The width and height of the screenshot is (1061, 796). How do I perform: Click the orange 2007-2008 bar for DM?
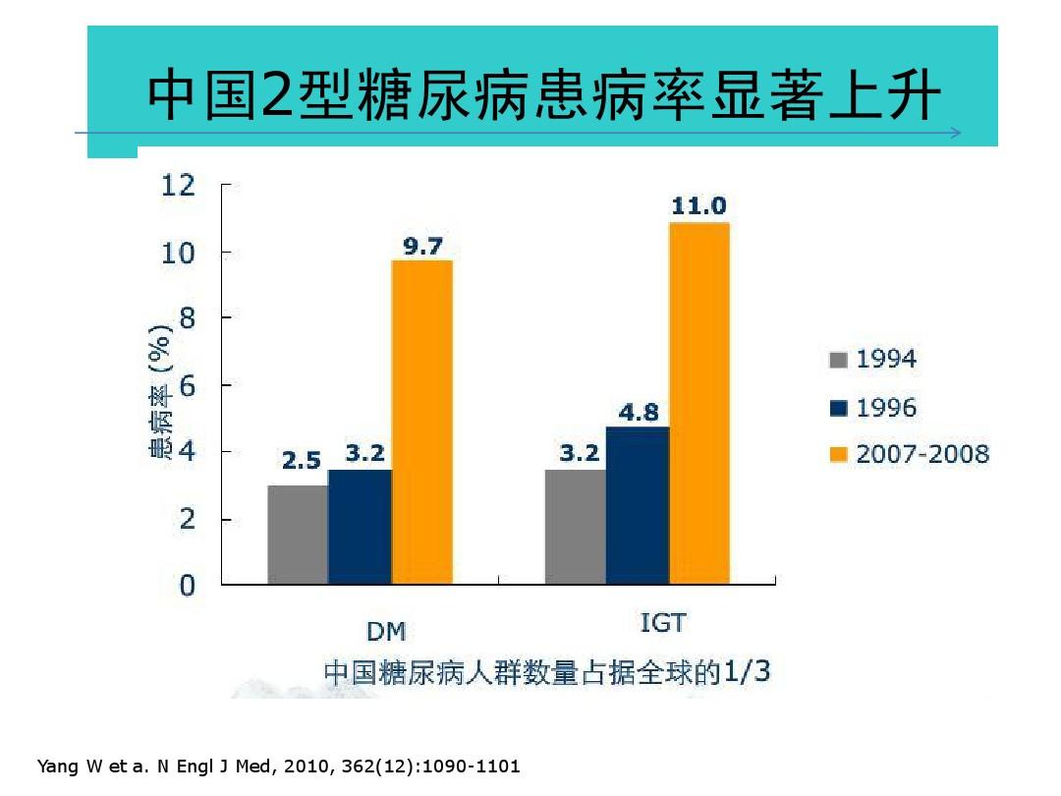pos(421,423)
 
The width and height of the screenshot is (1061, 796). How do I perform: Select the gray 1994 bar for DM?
pos(298,535)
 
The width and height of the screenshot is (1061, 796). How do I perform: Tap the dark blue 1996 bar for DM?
pos(360,527)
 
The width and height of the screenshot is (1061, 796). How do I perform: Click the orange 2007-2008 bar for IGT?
pos(699,403)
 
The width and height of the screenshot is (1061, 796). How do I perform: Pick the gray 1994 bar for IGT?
pos(576,527)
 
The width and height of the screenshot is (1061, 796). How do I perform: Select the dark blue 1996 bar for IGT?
pos(638,505)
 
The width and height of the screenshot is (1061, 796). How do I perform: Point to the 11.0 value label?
pos(698,206)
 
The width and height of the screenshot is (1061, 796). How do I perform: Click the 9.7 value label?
pos(422,246)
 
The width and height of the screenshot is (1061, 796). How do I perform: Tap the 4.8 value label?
pos(638,413)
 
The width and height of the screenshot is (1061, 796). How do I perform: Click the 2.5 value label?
pos(302,460)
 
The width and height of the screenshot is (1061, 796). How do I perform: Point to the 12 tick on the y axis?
pos(179,185)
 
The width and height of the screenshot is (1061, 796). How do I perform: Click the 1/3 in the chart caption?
pos(748,672)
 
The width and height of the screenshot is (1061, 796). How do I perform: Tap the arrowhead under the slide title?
pos(955,134)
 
